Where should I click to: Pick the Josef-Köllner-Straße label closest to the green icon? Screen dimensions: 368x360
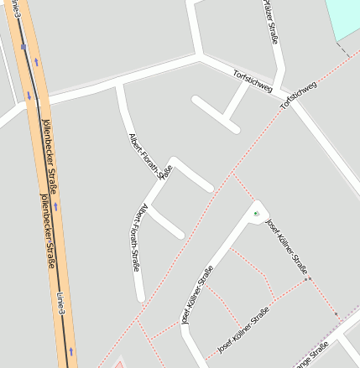click(x=286, y=246)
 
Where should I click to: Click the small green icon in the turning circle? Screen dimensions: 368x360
click(x=256, y=214)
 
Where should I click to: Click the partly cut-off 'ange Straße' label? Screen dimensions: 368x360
click(x=311, y=355)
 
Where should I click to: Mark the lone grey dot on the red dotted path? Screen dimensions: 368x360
click(x=307, y=278)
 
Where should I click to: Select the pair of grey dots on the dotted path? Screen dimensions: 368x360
click(x=338, y=316)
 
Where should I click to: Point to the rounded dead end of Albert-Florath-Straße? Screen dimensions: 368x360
click(x=140, y=297)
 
